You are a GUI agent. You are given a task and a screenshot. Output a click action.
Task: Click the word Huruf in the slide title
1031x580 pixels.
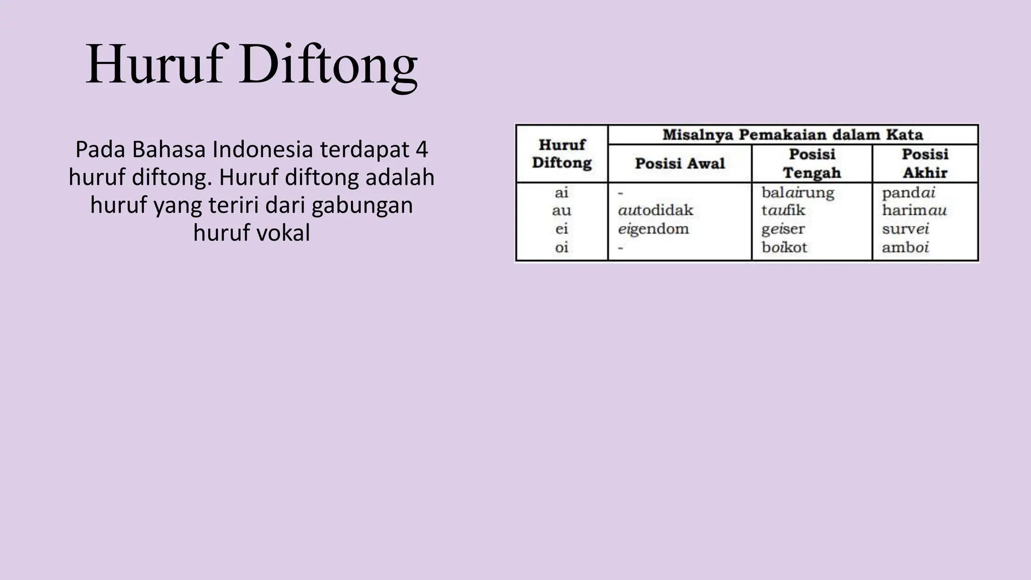click(154, 64)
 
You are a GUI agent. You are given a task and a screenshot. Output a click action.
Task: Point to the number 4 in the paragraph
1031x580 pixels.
click(422, 150)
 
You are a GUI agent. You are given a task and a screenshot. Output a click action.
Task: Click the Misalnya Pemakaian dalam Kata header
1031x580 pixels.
click(792, 135)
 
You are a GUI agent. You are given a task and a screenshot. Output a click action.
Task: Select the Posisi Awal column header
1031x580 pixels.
click(680, 163)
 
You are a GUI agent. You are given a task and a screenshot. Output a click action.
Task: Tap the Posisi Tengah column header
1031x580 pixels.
click(812, 163)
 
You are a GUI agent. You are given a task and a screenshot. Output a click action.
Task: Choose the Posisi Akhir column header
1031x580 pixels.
click(925, 163)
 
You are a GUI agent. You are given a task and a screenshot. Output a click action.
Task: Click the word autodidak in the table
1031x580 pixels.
click(655, 210)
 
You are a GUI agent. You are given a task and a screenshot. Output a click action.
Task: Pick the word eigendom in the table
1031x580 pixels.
click(653, 229)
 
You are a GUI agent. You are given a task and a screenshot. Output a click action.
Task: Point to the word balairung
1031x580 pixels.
click(797, 192)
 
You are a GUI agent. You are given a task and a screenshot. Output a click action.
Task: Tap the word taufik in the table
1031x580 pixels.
click(783, 210)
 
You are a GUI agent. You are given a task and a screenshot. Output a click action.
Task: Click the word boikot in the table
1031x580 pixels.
click(784, 248)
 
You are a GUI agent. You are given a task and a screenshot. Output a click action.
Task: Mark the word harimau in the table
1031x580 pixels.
click(914, 210)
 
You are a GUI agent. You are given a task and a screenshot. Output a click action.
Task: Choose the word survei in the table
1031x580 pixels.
click(905, 229)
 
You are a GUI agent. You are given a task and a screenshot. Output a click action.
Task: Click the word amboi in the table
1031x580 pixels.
click(905, 248)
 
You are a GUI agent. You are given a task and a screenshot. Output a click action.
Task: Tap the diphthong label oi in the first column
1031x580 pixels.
click(561, 248)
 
